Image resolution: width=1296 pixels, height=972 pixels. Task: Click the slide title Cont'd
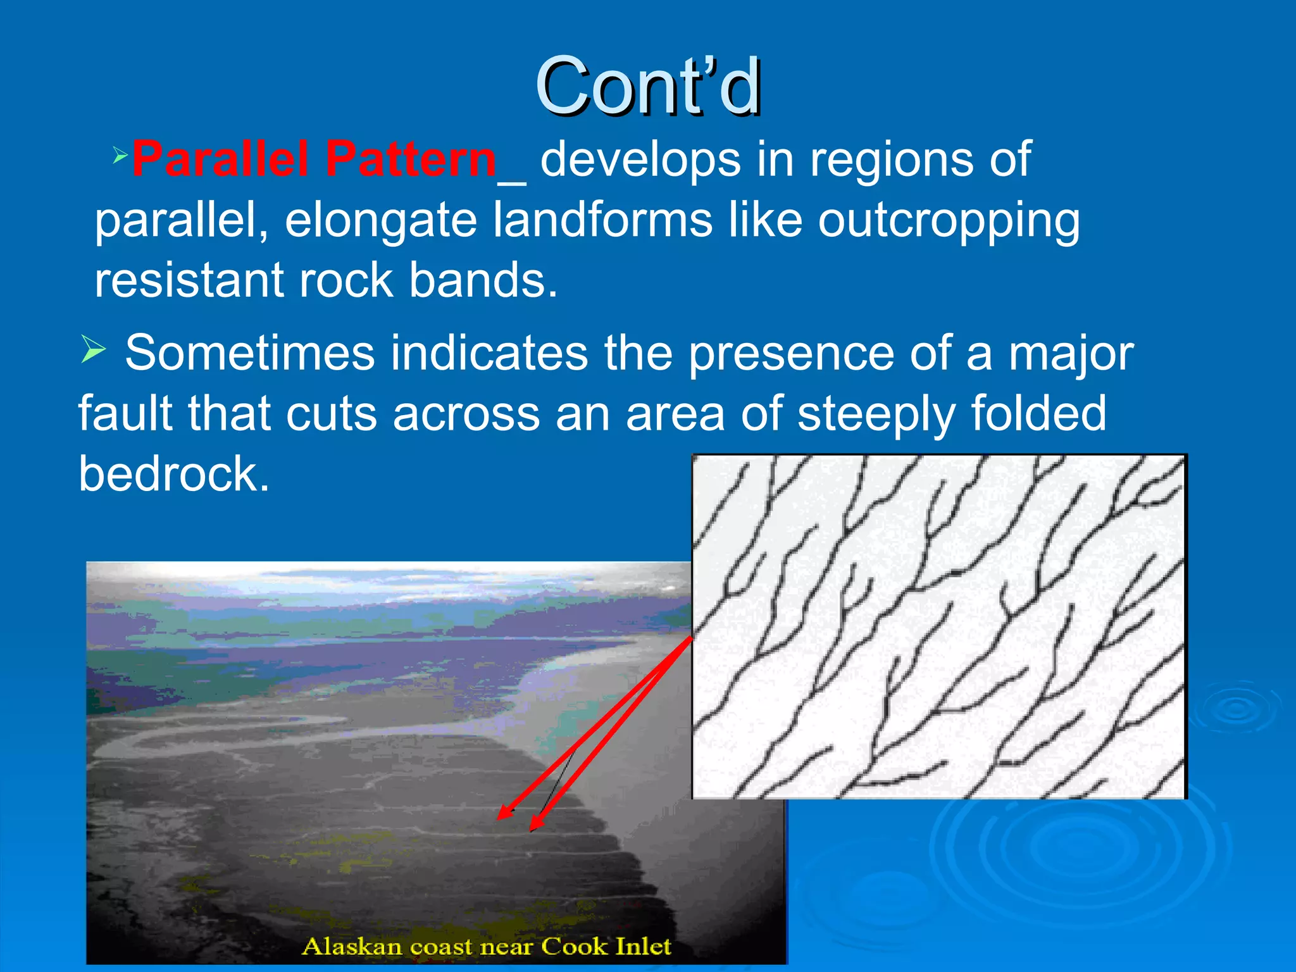pyautogui.click(x=648, y=87)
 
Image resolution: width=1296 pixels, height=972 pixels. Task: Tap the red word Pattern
pyautogui.click(x=411, y=159)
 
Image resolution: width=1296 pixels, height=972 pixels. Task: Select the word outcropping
pyautogui.click(x=949, y=221)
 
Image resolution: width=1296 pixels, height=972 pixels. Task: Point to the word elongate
pyautogui.click(x=380, y=221)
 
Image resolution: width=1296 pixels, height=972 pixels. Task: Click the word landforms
pyautogui.click(x=602, y=220)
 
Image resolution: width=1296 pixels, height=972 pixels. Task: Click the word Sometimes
pyautogui.click(x=249, y=352)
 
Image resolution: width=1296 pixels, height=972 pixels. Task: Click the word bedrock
pyautogui.click(x=173, y=474)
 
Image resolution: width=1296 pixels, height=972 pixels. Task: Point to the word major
pyautogui.click(x=1070, y=354)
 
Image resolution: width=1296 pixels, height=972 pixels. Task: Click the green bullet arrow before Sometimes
pyautogui.click(x=93, y=349)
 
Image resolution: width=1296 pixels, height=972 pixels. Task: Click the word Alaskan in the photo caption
pyautogui.click(x=352, y=947)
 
